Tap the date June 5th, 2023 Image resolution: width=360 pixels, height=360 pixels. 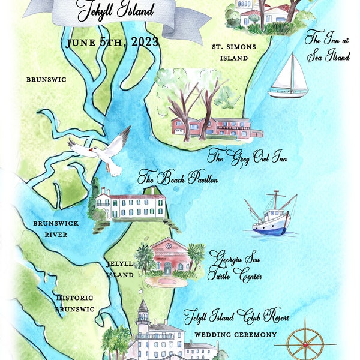113,42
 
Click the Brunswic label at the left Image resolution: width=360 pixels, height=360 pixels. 46,79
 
